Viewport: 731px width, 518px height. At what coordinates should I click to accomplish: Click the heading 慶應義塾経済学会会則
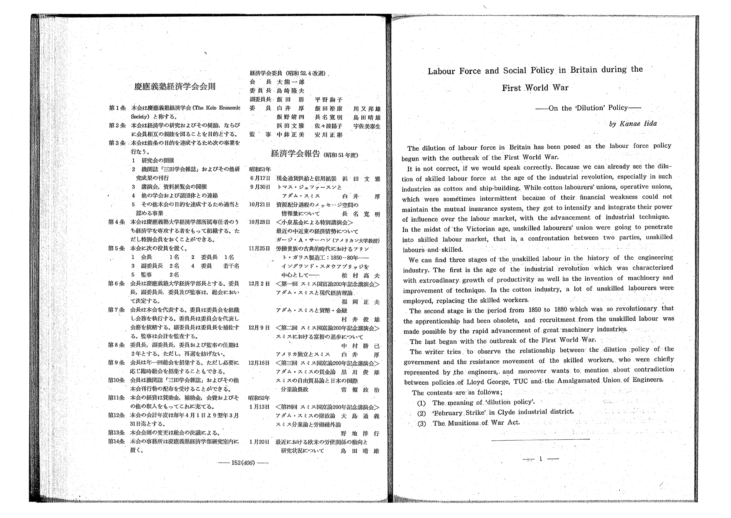pyautogui.click(x=175, y=86)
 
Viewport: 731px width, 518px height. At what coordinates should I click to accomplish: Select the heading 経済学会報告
pyautogui.click(x=295, y=154)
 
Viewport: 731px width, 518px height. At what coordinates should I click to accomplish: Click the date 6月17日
pyautogui.click(x=260, y=178)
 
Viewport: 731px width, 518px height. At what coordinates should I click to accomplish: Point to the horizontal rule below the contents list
pyautogui.click(x=541, y=440)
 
